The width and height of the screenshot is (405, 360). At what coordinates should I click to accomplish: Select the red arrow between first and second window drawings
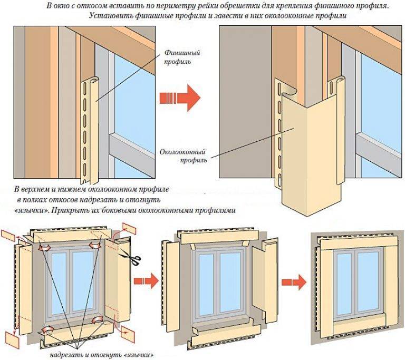click(145, 280)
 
